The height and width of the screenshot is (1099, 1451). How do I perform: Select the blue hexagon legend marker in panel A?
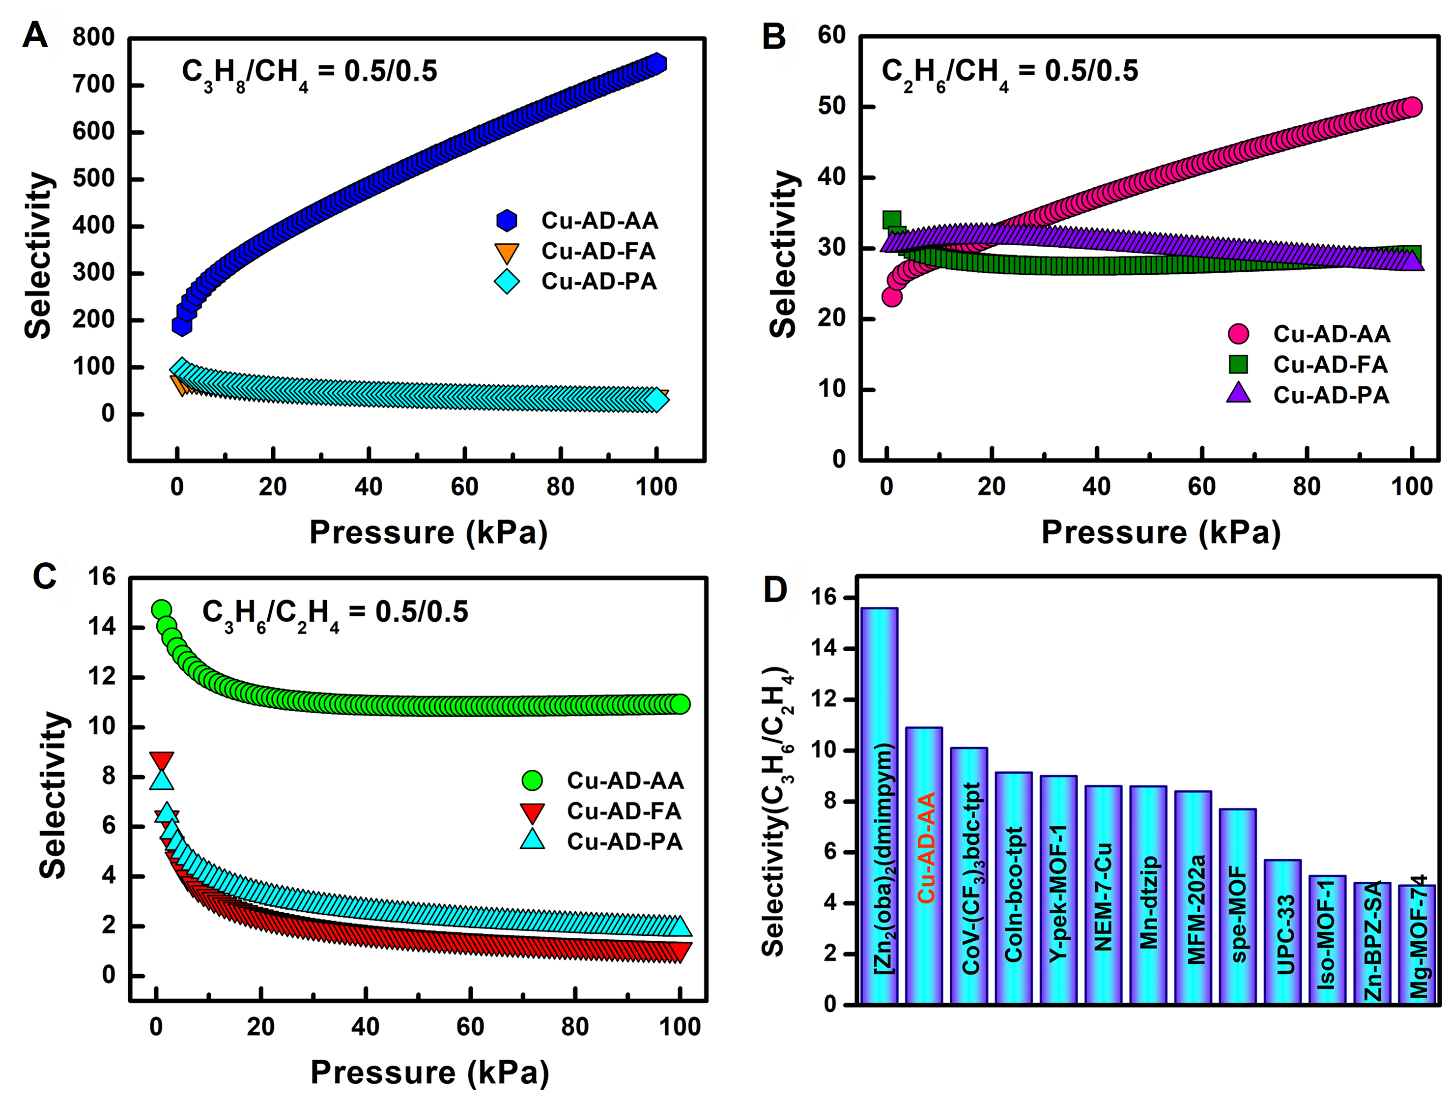pos(507,221)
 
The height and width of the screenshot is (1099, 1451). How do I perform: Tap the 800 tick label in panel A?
pos(93,37)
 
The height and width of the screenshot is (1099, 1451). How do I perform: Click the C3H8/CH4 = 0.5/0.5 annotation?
pos(309,72)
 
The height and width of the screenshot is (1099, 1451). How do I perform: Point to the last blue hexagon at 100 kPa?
pos(656,63)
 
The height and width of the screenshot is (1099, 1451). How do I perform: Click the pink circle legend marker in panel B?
pos(1238,334)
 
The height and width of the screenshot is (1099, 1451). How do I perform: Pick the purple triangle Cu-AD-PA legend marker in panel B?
pos(1238,394)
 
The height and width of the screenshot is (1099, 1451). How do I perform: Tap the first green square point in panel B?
pos(891,220)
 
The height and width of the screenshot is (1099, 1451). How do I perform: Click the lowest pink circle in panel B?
pos(891,296)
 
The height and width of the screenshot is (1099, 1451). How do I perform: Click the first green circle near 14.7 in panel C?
pos(161,609)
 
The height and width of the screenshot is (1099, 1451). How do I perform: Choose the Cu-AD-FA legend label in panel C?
pos(624,811)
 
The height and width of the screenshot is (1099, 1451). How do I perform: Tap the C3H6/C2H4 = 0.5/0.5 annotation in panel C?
pos(335,613)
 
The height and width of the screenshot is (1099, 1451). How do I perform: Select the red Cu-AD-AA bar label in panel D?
pos(926,847)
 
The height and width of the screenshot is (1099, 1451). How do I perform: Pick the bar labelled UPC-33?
pos(1282,932)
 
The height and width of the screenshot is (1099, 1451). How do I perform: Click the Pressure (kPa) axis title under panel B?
pos(1161,532)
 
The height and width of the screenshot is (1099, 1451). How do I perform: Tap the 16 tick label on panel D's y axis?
pos(824,598)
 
